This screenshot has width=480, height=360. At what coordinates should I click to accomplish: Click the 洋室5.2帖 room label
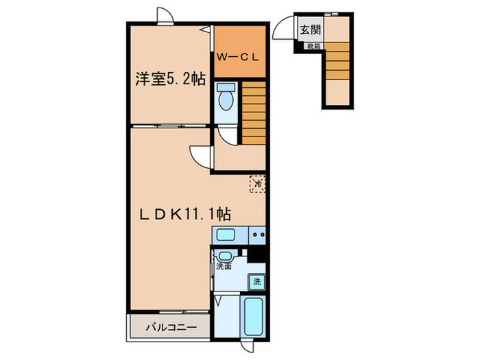coord(170,79)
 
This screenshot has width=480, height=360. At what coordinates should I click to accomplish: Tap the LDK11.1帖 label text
coord(180,215)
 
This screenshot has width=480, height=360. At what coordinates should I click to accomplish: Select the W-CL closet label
coord(237,58)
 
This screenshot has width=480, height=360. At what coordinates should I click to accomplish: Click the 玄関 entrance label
coord(307,29)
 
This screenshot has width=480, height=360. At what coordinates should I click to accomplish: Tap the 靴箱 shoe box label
coord(313,47)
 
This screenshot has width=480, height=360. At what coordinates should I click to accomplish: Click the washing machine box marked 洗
coord(257,280)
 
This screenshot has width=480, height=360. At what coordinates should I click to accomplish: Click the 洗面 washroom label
coord(224,266)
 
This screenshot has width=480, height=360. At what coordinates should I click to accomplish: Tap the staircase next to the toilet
coord(252,113)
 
